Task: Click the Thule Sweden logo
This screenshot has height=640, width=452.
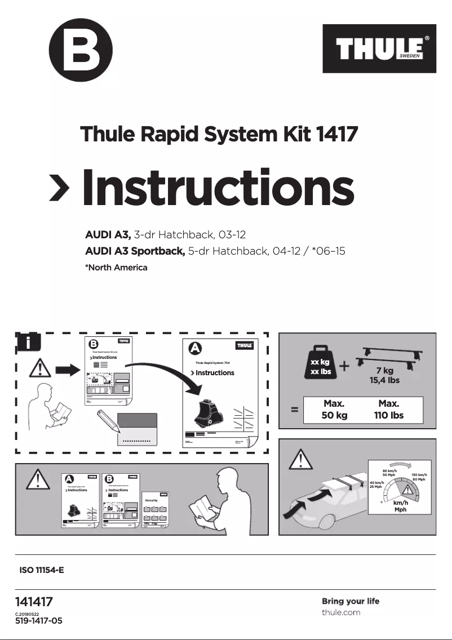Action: coord(379,49)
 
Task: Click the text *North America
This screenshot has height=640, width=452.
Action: coord(116,268)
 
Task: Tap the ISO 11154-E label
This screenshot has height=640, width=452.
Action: coord(42,570)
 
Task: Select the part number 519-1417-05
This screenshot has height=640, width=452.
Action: coord(38,621)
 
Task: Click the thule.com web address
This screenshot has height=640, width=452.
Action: coord(341,612)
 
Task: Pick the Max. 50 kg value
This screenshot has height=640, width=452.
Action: coord(334,410)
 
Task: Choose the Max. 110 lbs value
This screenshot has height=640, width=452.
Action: coord(389,410)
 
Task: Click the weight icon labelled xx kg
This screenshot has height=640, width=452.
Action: coord(320,365)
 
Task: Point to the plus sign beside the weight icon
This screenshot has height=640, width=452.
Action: coord(345,366)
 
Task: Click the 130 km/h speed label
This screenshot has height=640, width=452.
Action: coord(419,475)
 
